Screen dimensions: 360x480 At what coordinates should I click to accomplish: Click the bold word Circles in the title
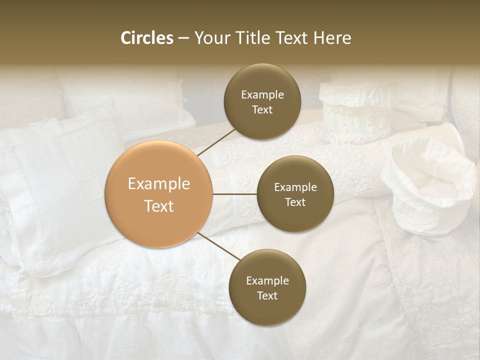pyautogui.click(x=147, y=38)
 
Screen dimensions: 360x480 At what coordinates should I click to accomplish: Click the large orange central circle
pyautogui.click(x=159, y=194)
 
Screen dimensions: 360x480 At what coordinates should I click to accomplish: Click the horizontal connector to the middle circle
pyautogui.click(x=235, y=194)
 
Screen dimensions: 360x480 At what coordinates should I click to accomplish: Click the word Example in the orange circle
pyautogui.click(x=159, y=183)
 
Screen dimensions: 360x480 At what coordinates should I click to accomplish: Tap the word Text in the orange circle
pyautogui.click(x=159, y=206)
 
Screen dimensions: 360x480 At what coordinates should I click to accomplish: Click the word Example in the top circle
pyautogui.click(x=262, y=94)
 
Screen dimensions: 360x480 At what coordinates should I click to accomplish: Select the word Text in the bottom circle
pyautogui.click(x=267, y=295)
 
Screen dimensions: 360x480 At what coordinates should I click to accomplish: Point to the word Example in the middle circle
pyautogui.click(x=295, y=187)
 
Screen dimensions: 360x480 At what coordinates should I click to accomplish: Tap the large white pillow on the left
pyautogui.click(x=55, y=190)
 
